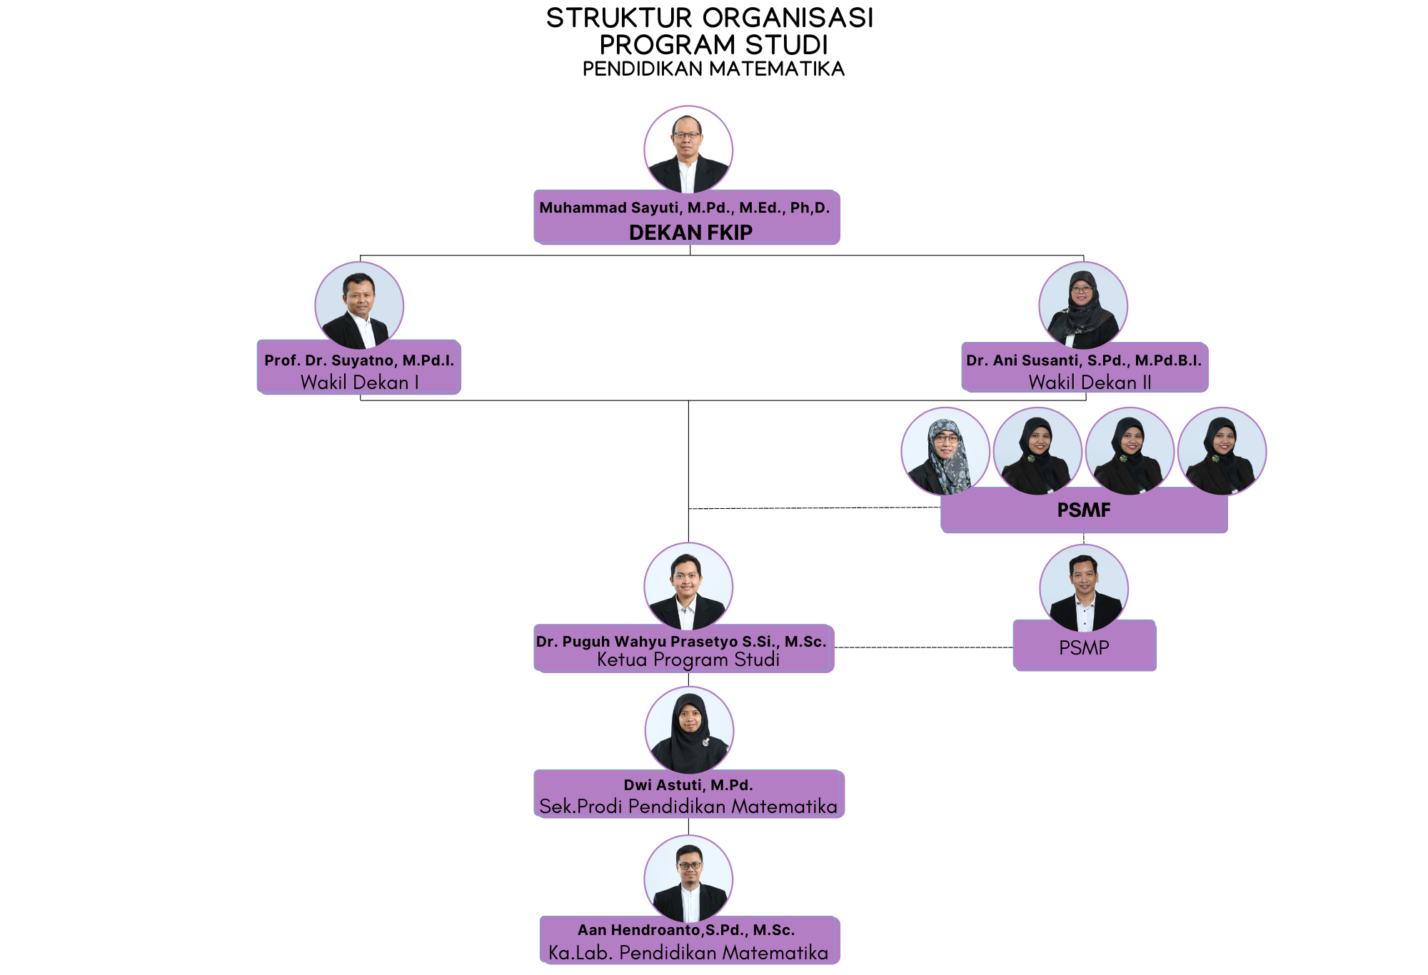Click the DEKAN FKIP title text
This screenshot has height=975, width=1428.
click(x=690, y=233)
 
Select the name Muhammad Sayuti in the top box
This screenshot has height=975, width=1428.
click(x=684, y=208)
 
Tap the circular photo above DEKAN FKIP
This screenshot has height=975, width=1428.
click(x=688, y=150)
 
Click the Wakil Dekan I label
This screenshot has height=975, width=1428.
click(x=359, y=383)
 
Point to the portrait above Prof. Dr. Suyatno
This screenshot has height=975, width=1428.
click(x=359, y=305)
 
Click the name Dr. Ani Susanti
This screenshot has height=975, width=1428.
click(x=1083, y=360)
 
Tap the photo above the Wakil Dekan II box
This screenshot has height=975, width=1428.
click(x=1083, y=305)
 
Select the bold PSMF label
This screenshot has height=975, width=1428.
click(x=1084, y=510)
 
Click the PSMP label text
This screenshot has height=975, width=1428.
click(x=1084, y=647)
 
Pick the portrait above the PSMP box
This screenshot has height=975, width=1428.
click(x=1084, y=588)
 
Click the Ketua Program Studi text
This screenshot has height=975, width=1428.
click(x=688, y=660)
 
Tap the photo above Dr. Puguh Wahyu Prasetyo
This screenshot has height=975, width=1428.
click(x=688, y=587)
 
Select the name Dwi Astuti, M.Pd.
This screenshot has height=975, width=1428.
click(x=688, y=785)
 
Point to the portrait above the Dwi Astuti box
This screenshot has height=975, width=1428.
click(x=689, y=730)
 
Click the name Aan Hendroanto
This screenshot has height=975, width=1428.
click(x=686, y=930)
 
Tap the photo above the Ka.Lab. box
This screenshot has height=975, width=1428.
click(x=688, y=879)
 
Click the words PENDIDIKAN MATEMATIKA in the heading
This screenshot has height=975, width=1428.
click(x=713, y=69)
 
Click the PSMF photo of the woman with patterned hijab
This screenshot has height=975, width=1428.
click(x=945, y=452)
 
